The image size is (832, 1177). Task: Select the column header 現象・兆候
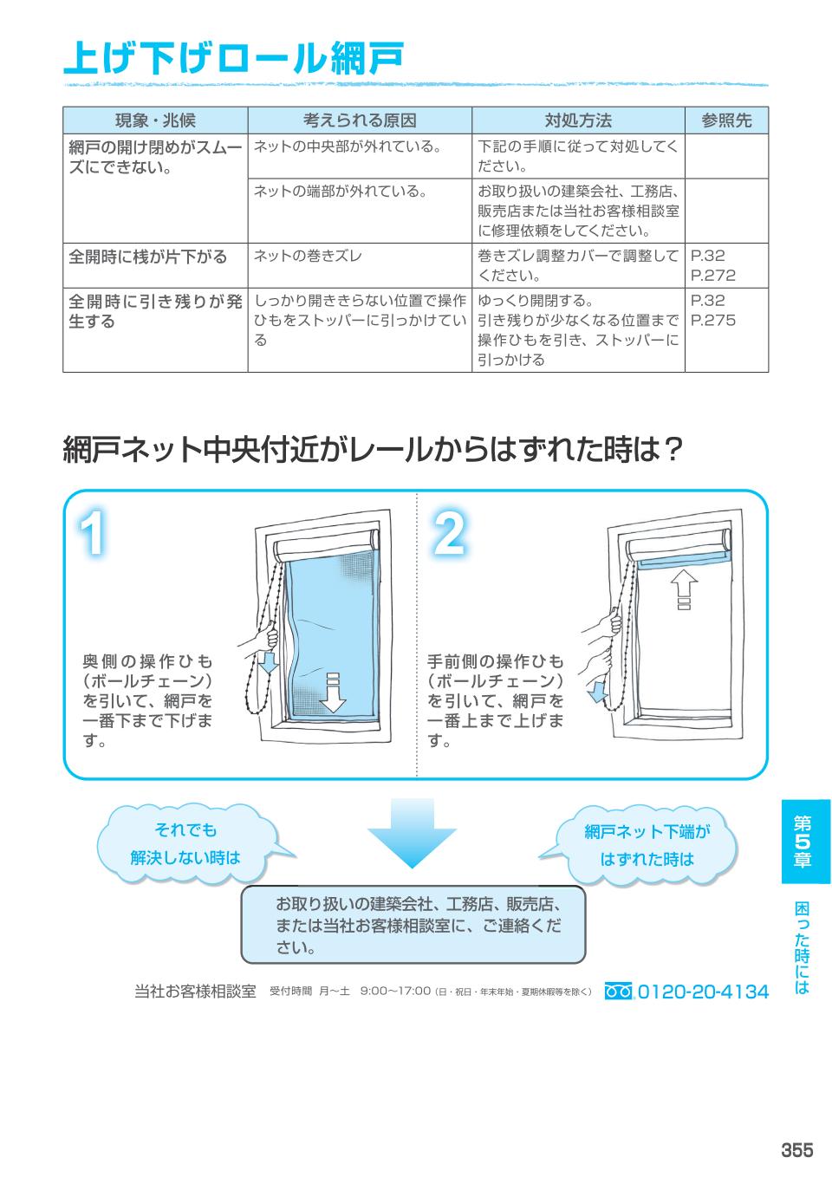click(155, 120)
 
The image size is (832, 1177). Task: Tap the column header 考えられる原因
click(360, 120)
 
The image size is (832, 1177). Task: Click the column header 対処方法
click(578, 120)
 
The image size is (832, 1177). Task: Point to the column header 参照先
click(726, 120)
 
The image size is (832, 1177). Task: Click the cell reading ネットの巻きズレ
click(308, 256)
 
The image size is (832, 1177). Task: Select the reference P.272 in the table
click(712, 276)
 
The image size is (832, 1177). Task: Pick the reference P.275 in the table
click(712, 321)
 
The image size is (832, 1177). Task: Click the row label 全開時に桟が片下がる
click(148, 257)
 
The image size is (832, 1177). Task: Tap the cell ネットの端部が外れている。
click(340, 191)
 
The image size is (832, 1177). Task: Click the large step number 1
click(94, 535)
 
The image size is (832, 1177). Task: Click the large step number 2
click(447, 535)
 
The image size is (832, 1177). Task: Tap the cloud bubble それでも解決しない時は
click(185, 845)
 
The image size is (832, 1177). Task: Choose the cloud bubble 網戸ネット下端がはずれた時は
click(647, 846)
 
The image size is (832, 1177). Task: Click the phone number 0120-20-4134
click(703, 992)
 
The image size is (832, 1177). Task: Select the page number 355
click(796, 1150)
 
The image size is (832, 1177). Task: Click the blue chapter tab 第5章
click(803, 842)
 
